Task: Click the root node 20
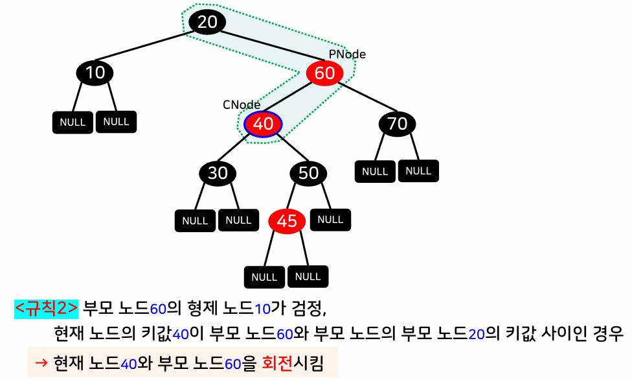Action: pos(207,22)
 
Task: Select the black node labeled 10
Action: pos(95,73)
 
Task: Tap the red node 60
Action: pos(324,73)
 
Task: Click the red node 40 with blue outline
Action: pos(263,124)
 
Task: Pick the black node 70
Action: pos(397,123)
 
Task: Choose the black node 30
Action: pos(218,173)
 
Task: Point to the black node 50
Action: pos(308,173)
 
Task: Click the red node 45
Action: pos(286,221)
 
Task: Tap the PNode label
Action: pos(347,54)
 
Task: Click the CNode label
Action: pos(242,105)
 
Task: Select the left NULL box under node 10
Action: pos(73,122)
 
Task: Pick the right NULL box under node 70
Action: pos(418,171)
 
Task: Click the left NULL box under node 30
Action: pos(195,220)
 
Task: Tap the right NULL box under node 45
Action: pos(308,276)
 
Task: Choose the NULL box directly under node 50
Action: pos(330,219)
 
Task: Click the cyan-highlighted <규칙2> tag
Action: pos(47,308)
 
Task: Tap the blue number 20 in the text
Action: pos(477,335)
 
